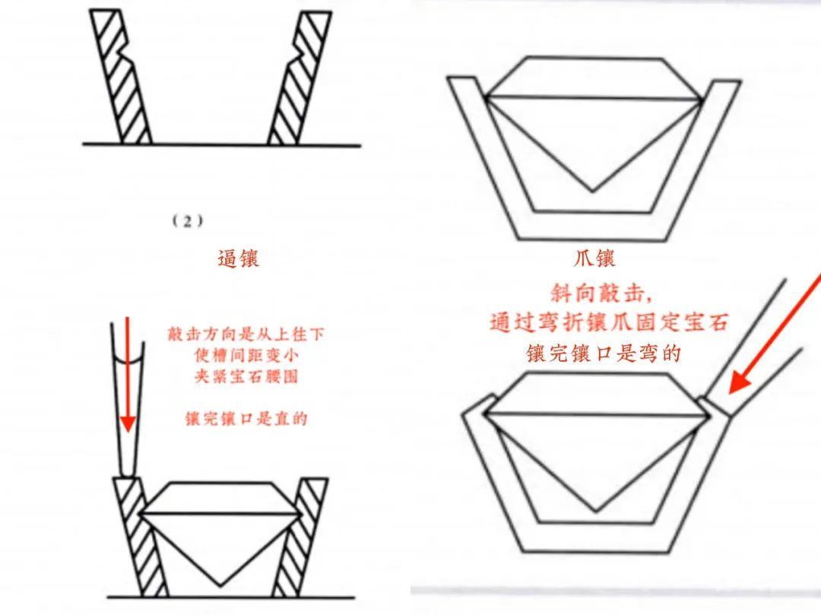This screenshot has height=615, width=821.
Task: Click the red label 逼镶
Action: [238, 258]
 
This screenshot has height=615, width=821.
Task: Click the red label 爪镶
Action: [593, 258]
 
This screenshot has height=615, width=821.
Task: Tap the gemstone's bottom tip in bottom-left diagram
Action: [219, 584]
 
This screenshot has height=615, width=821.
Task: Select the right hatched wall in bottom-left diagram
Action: [301, 536]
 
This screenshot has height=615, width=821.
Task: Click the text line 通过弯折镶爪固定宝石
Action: [608, 322]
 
